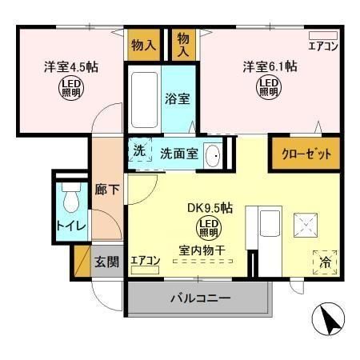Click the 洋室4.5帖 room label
point(67,66)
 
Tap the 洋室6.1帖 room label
point(270,66)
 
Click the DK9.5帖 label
point(210,207)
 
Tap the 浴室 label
point(176,101)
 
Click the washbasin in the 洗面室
point(213,155)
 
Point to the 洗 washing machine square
point(139,151)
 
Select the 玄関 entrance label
point(106,261)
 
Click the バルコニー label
point(199,298)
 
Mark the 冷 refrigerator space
point(326,262)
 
